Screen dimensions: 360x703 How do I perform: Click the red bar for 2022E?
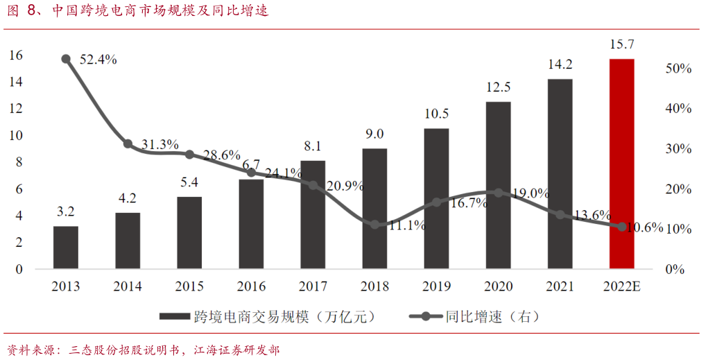coord(622,164)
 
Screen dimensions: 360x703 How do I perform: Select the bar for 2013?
coord(66,248)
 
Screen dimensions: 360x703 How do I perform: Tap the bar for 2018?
coord(374,208)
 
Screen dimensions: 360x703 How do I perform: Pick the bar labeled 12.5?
coord(498,185)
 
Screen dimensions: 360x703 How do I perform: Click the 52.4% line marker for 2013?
coord(66,59)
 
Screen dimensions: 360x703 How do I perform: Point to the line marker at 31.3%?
coord(128,144)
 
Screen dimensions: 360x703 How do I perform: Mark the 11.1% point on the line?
coord(374,225)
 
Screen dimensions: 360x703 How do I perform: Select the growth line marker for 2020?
coord(498,193)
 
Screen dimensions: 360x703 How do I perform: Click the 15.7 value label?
coord(622,45)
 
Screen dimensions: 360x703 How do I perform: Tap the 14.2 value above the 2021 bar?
coord(559,65)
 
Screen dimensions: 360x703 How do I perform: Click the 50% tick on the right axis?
coord(677,69)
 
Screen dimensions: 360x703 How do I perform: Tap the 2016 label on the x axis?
coord(251,286)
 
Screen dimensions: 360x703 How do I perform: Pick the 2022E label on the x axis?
coord(622,286)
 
